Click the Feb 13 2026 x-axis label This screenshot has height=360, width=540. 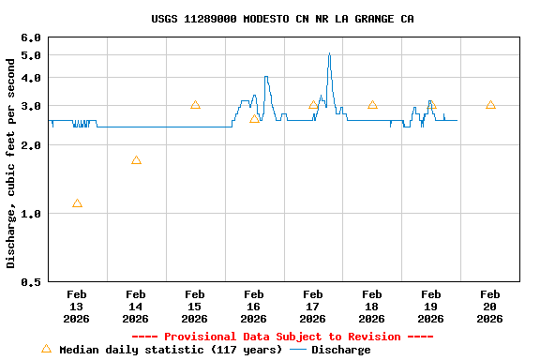pos(77,307)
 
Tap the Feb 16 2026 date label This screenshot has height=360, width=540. pos(253,307)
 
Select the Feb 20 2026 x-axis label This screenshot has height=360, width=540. pos(489,307)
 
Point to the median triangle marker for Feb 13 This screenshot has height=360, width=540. pos(77,203)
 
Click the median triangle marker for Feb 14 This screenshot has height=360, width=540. pos(136,160)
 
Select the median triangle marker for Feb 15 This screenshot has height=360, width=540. pos(195,105)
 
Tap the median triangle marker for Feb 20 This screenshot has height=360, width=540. pos(490,105)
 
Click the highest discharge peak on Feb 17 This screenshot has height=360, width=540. pos(329,54)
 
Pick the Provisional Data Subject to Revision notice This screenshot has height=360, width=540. pos(282,337)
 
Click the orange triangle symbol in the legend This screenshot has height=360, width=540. pos(46,349)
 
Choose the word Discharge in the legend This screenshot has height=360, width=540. pos(340,350)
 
